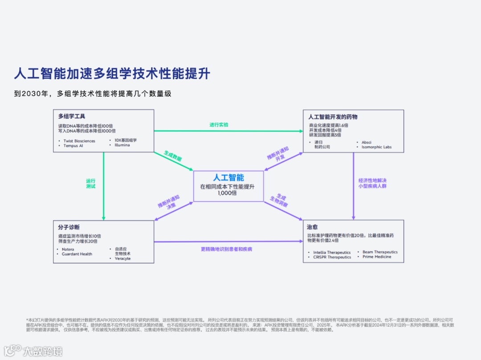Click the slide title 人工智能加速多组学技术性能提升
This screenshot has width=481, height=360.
[111, 73]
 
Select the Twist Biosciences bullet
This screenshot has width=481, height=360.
[79, 141]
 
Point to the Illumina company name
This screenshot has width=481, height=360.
[122, 145]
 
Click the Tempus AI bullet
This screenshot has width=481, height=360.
[73, 146]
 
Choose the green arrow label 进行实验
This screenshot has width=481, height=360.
[219, 125]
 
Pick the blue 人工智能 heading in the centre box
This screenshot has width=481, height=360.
[228, 177]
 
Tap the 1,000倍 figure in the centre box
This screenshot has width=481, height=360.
[227, 193]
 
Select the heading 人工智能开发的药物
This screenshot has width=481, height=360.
[333, 117]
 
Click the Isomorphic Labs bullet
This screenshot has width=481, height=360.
[376, 147]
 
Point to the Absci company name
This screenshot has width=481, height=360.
[367, 142]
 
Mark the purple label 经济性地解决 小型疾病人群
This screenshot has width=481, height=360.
[372, 183]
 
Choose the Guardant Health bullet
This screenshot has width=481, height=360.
[77, 254]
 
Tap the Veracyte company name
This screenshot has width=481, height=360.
[122, 258]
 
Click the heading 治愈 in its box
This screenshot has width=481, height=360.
[313, 227]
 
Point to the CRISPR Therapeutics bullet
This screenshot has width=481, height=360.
[332, 257]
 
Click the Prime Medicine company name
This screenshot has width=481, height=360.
[377, 257]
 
